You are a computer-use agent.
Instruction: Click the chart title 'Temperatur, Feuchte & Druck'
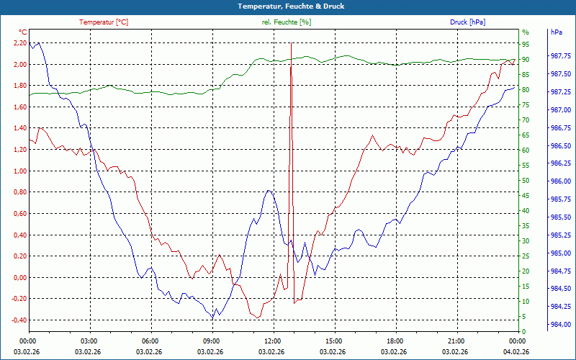(288, 6)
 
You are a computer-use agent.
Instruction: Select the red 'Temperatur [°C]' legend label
(104, 22)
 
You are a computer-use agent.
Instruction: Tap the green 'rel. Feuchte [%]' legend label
(287, 22)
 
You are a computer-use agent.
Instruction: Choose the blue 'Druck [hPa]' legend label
(467, 22)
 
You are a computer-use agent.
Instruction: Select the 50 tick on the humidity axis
(526, 181)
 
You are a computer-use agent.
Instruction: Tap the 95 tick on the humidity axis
(526, 44)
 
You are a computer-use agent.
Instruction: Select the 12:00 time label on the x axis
(273, 341)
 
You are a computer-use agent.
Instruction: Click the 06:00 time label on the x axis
(150, 341)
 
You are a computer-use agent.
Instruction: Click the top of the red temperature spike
(291, 44)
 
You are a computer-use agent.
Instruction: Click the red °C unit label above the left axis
(22, 32)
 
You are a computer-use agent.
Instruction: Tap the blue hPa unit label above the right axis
(556, 32)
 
